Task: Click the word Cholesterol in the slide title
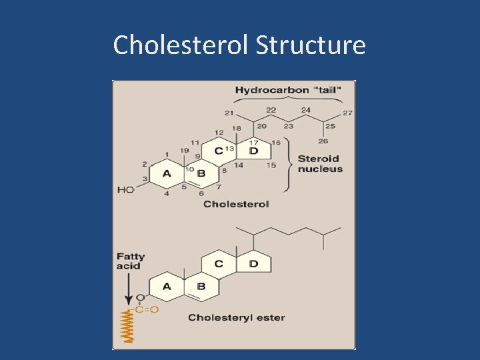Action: (x=181, y=45)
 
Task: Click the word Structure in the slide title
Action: (x=311, y=45)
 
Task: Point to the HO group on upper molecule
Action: (x=125, y=190)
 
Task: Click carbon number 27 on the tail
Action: (x=347, y=113)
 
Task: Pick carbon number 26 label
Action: (x=323, y=141)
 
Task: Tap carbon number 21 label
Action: (x=230, y=112)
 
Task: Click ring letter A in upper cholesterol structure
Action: (x=167, y=174)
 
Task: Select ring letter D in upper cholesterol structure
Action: (x=253, y=151)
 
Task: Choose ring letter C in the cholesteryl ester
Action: (x=219, y=264)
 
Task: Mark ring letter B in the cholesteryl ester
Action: (x=201, y=287)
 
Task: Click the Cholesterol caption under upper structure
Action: (x=236, y=204)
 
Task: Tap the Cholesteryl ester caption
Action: (x=236, y=317)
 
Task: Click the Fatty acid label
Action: (x=130, y=261)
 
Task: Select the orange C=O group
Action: (x=147, y=309)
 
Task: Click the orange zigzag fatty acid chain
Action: (x=127, y=328)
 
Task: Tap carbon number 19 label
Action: (x=185, y=150)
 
